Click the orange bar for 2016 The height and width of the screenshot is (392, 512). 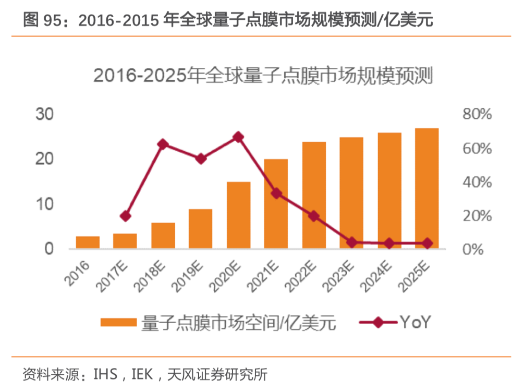88,242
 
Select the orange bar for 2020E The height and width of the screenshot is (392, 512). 239,215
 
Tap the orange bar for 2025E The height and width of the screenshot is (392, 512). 426,188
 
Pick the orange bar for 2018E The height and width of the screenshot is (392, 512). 163,236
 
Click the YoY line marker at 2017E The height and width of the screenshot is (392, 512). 125,216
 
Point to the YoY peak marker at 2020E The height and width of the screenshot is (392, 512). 238,137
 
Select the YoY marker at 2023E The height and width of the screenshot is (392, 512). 352,242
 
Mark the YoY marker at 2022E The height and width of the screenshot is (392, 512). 313,216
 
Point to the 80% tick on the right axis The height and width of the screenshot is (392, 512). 477,115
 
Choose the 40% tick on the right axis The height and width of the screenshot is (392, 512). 477,182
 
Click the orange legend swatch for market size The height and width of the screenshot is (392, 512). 118,323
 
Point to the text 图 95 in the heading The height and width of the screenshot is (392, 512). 41,20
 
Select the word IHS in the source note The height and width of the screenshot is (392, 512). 105,374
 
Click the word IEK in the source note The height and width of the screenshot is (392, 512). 143,374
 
